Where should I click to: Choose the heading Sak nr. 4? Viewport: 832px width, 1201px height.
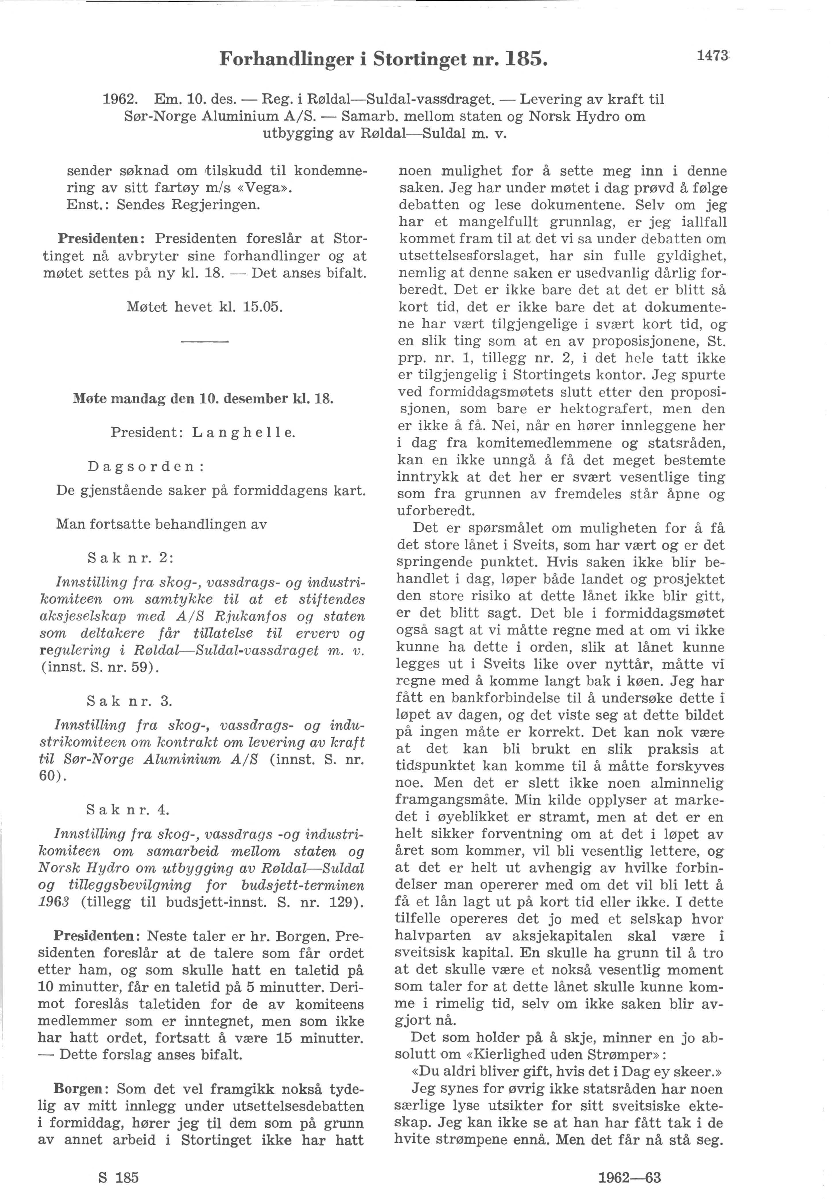[x=128, y=810]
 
